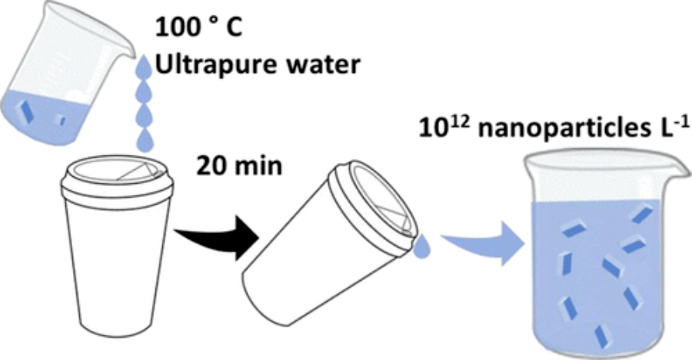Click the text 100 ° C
coord(198,28)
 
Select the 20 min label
coord(239,166)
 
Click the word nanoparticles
coord(564,130)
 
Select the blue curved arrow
coord(484,243)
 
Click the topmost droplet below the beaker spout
coord(144,66)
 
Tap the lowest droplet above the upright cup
coord(145,141)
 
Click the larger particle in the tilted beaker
coord(25,112)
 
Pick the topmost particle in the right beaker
coord(642,215)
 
